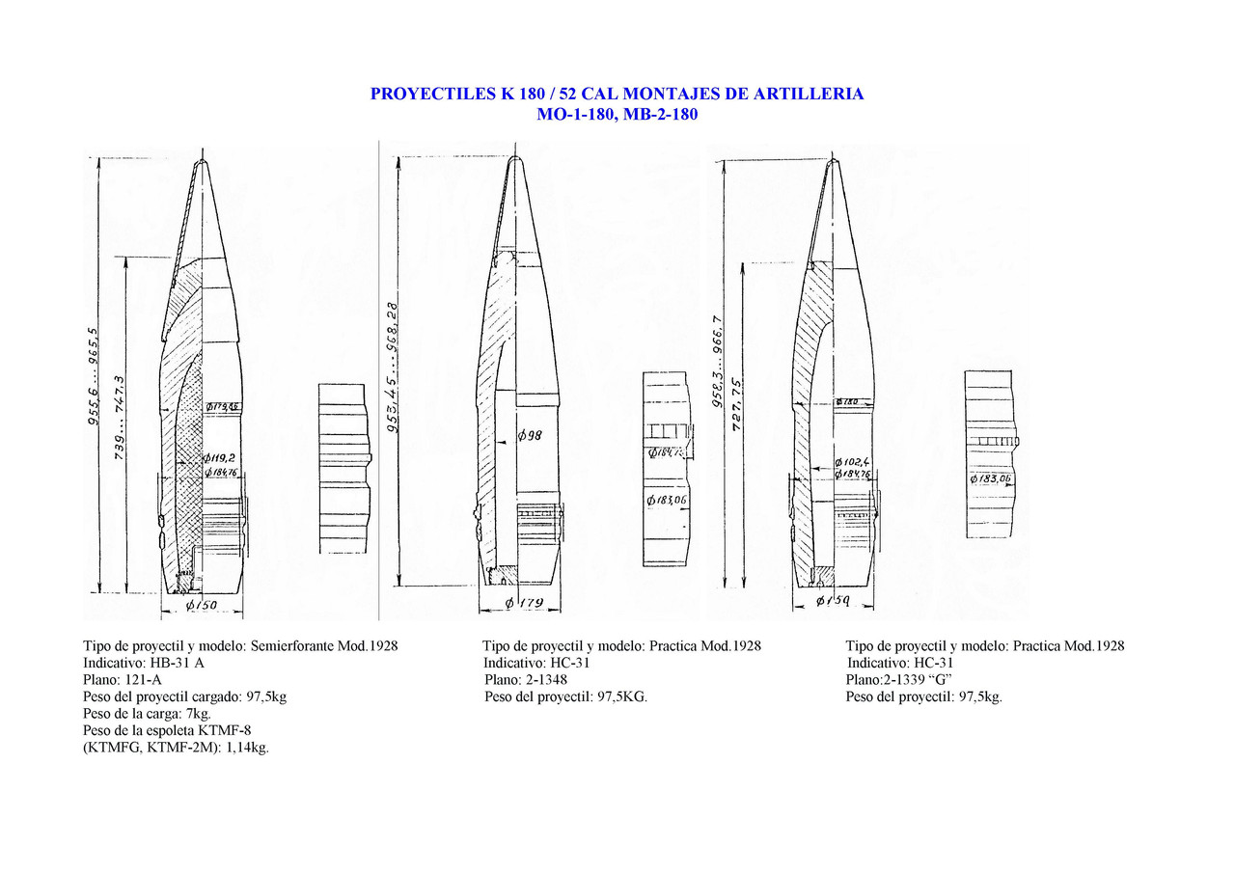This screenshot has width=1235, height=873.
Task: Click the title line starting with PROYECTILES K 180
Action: [x=617, y=95]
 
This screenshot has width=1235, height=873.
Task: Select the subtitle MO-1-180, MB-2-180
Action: [x=617, y=114]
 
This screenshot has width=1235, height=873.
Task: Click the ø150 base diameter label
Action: [x=202, y=606]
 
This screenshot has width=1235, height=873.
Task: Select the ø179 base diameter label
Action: [x=525, y=605]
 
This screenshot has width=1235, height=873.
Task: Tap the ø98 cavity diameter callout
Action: [x=529, y=437]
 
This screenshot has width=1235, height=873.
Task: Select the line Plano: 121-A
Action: [x=123, y=680]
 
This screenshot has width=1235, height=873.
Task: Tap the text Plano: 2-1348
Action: [x=526, y=680]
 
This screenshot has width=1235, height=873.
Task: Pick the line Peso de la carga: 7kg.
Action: [x=147, y=714]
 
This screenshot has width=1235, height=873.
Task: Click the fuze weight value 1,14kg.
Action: [x=245, y=748]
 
